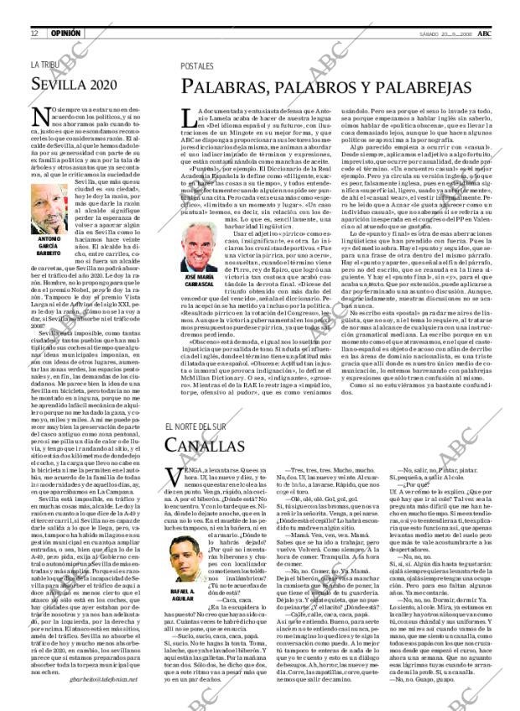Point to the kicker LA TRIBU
pyautogui.click(x=45, y=65)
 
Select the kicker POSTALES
pyautogui.click(x=197, y=65)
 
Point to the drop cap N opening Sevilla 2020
pyautogui.click(x=39, y=118)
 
